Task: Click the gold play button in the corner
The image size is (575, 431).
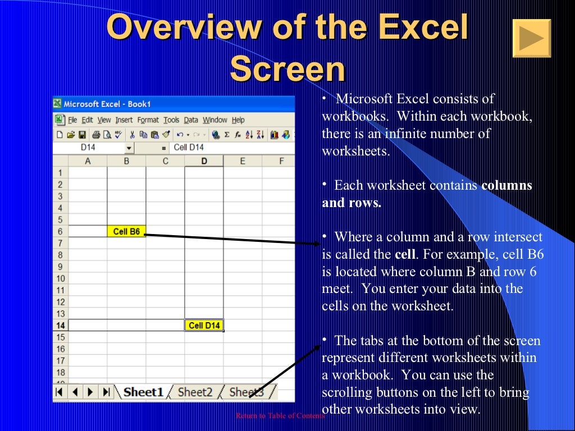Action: click(x=531, y=38)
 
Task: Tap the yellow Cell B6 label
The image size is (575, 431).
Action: click(x=126, y=231)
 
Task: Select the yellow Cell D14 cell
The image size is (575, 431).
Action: click(x=204, y=325)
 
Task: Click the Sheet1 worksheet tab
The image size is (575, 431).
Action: click(x=143, y=392)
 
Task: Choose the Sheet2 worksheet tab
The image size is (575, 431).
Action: click(x=195, y=392)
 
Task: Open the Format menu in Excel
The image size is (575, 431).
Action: click(x=148, y=120)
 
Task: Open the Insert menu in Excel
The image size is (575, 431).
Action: click(x=124, y=120)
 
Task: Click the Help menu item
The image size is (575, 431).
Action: click(x=238, y=120)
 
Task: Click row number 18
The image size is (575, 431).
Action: click(x=60, y=373)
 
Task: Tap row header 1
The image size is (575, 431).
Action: click(x=60, y=173)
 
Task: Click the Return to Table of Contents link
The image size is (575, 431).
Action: click(x=280, y=416)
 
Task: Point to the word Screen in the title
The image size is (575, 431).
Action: click(x=287, y=70)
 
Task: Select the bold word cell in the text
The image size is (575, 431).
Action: click(x=405, y=254)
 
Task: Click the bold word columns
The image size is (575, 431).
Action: click(x=506, y=186)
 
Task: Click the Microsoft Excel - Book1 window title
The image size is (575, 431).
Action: click(x=107, y=104)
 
